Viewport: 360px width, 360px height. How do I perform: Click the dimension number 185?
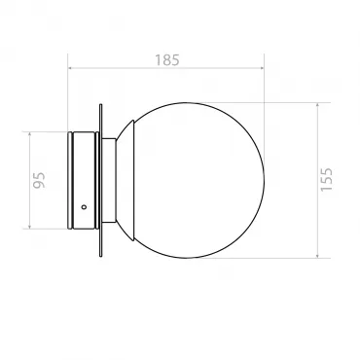(166, 60)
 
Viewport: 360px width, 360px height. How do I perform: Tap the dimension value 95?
(40, 180)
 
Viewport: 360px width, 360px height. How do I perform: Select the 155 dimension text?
(326, 180)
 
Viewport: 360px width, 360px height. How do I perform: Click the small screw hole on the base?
(84, 206)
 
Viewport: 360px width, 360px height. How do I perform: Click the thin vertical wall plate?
(100, 180)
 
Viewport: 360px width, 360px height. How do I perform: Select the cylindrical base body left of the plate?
(84, 180)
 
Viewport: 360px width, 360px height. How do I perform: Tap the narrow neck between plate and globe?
(109, 180)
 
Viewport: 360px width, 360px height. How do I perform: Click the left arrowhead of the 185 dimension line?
(70, 68)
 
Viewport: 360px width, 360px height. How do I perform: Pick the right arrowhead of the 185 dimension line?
(262, 68)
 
